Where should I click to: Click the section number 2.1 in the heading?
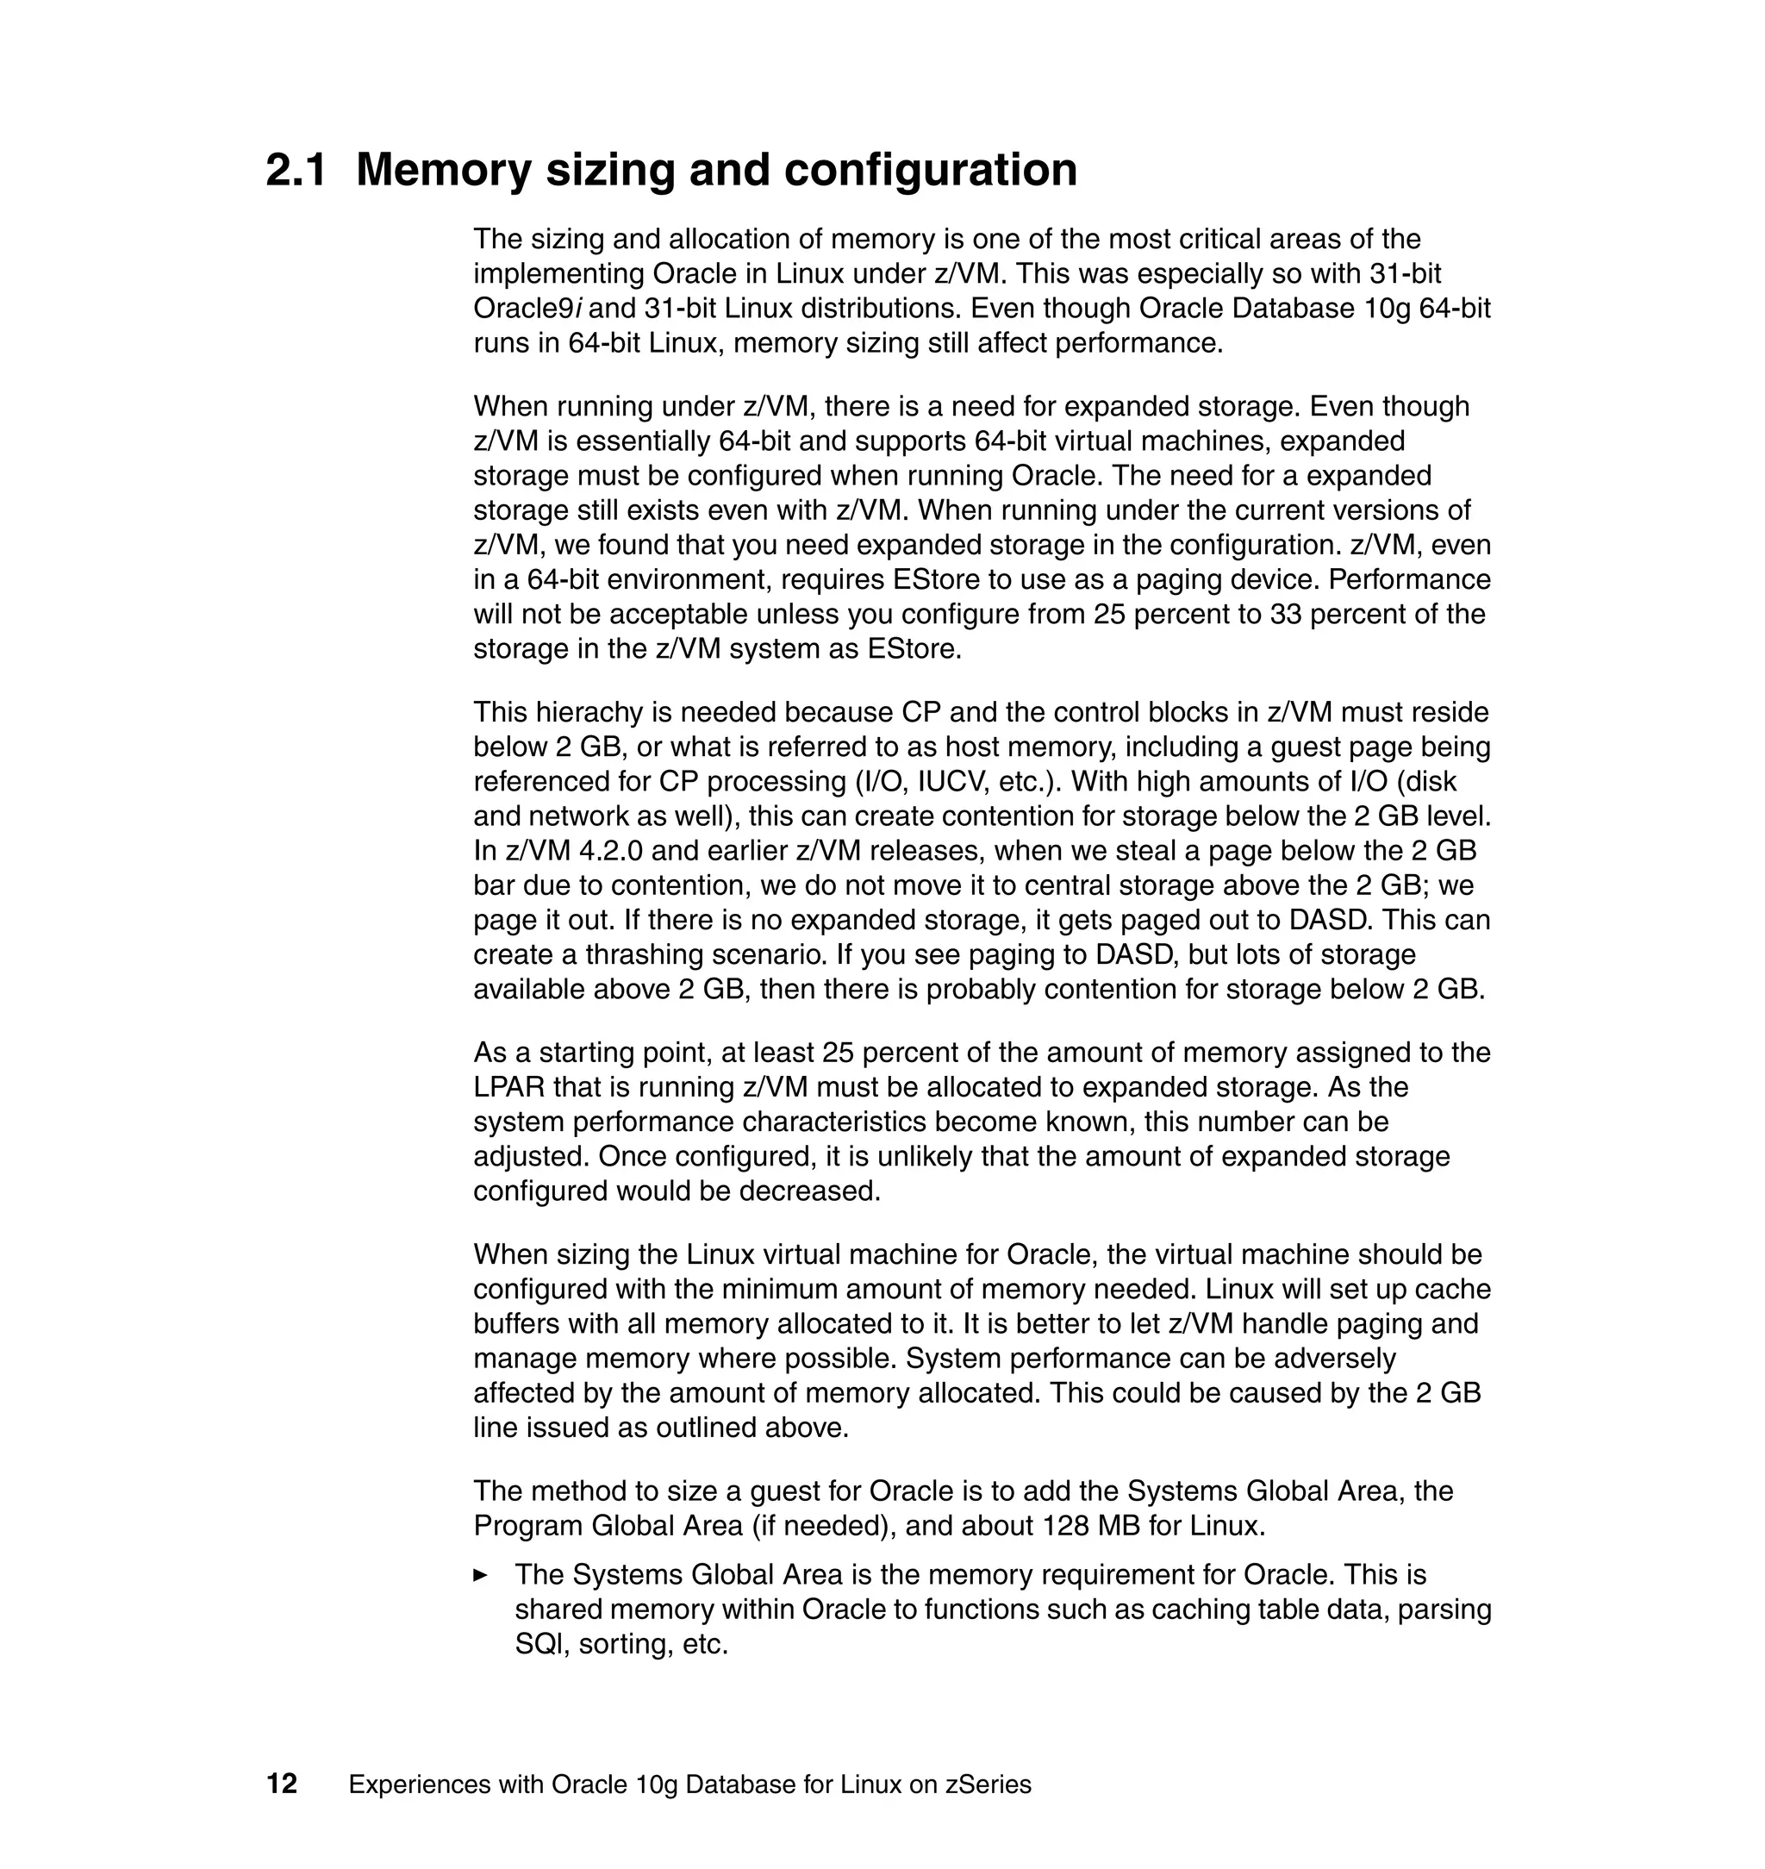pyautogui.click(x=296, y=171)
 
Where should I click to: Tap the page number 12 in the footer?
pyautogui.click(x=281, y=1784)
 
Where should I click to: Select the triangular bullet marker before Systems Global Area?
pyautogui.click(x=481, y=1574)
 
